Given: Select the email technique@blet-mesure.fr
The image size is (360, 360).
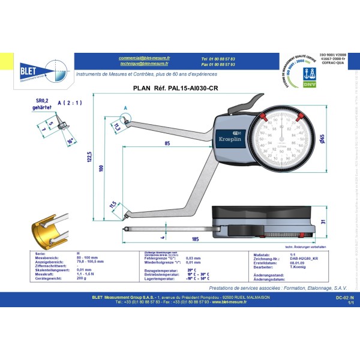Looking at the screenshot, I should tap(145, 64).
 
